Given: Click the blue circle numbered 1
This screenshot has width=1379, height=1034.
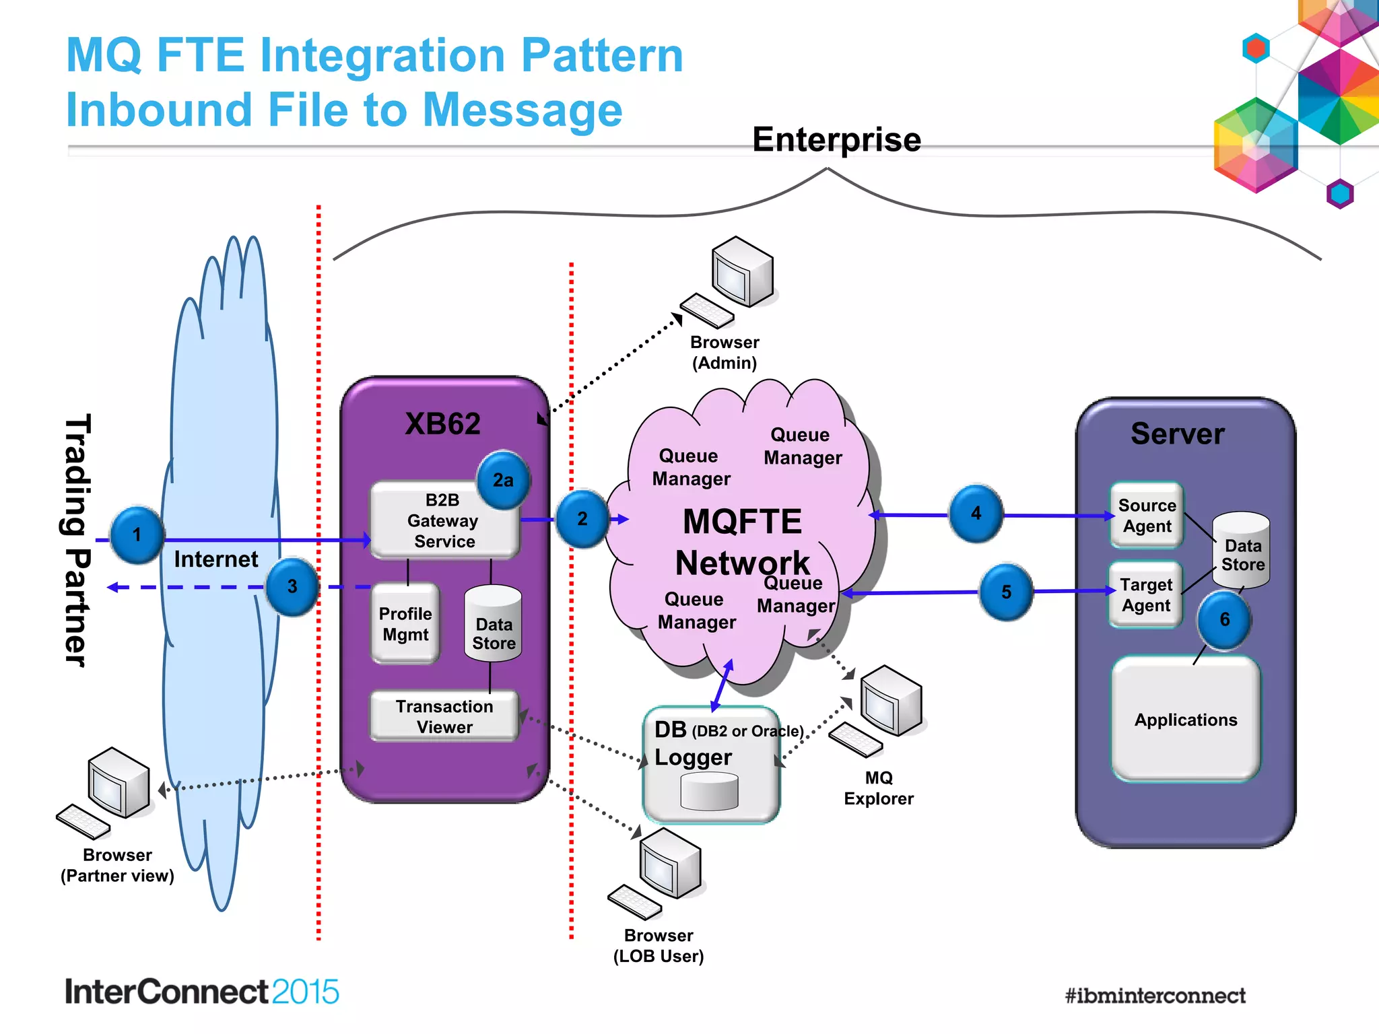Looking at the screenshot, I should tap(137, 535).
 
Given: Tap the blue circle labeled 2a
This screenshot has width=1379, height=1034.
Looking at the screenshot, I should tap(502, 480).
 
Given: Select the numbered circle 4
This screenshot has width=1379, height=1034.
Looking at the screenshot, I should tap(976, 513).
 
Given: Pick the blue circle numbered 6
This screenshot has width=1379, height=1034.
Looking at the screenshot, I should tap(1223, 619).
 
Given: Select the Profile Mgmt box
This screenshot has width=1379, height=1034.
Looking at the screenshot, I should tap(405, 624).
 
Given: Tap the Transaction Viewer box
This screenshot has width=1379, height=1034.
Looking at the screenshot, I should tap(444, 716).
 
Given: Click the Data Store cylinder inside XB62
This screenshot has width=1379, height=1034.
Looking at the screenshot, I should tap(494, 625).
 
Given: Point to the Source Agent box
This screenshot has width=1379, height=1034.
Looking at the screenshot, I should tap(1147, 516).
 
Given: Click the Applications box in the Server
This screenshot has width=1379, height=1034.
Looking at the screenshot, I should tap(1186, 719).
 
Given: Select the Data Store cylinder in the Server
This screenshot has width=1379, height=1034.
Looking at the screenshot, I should tap(1242, 549).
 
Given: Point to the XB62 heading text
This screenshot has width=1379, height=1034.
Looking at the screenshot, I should tap(442, 424).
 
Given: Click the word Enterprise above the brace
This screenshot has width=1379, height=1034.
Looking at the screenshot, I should tap(836, 140).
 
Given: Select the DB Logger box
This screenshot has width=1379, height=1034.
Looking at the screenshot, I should tap(711, 763).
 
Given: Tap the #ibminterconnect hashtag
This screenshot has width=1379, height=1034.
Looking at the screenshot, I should tap(1155, 996).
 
